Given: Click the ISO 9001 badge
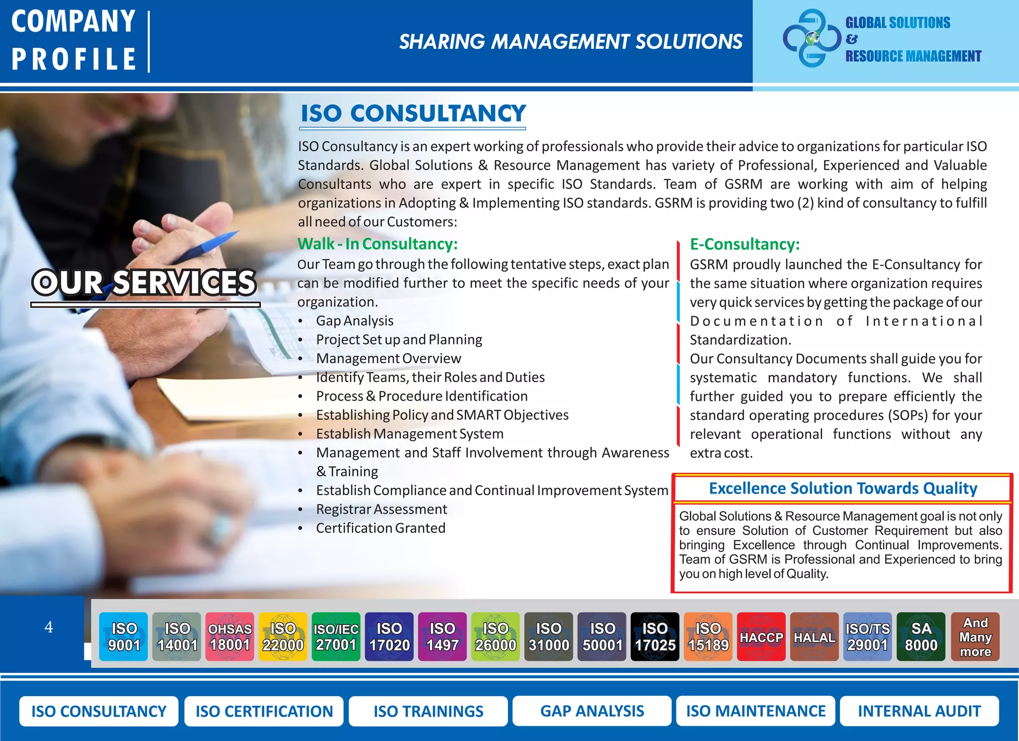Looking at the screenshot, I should pyautogui.click(x=123, y=636).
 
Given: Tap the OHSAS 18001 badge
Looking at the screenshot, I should pyautogui.click(x=230, y=636).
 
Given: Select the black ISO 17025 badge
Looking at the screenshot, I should pyautogui.click(x=655, y=636).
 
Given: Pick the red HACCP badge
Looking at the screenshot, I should pyautogui.click(x=761, y=636).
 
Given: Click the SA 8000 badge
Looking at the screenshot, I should pyautogui.click(x=921, y=636).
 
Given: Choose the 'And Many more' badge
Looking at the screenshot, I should pyautogui.click(x=975, y=636).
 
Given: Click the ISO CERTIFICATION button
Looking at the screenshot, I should pyautogui.click(x=264, y=711).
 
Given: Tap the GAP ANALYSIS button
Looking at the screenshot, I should pyautogui.click(x=592, y=711).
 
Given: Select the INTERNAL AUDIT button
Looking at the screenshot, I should pyautogui.click(x=919, y=711).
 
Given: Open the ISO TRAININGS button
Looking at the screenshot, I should pyautogui.click(x=428, y=711).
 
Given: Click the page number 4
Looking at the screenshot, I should pyautogui.click(x=48, y=627).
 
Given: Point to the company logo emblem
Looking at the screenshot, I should pyautogui.click(x=811, y=39).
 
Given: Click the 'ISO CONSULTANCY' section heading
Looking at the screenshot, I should pyautogui.click(x=413, y=113).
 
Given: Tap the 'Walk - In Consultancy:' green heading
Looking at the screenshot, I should pyautogui.click(x=377, y=244).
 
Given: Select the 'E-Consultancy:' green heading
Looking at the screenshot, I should pyautogui.click(x=745, y=244).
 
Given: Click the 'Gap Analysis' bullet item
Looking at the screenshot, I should pyautogui.click(x=355, y=321).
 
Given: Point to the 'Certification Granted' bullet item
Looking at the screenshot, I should pyautogui.click(x=381, y=528).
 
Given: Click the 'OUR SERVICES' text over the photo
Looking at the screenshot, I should pyautogui.click(x=144, y=283).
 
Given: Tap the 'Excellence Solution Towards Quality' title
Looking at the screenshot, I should pyautogui.click(x=843, y=488).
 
